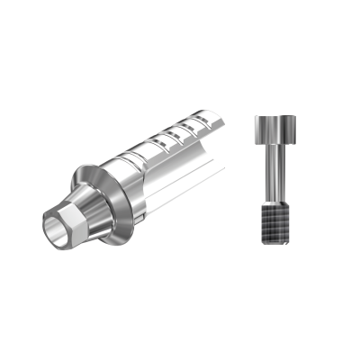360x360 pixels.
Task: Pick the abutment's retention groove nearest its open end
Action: click(212, 121)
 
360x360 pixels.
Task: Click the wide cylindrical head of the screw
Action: click(273, 132)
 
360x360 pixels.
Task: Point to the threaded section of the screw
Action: click(273, 220)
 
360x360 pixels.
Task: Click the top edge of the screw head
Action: click(273, 116)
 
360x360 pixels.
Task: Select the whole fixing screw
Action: click(273, 180)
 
